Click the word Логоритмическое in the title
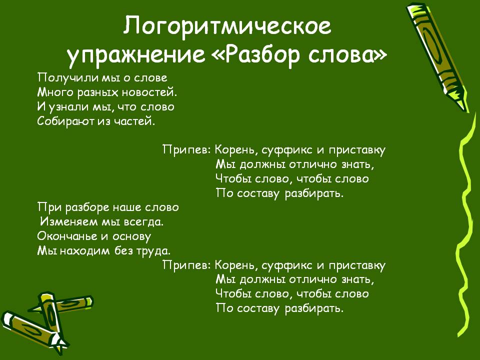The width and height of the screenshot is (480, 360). point(227,26)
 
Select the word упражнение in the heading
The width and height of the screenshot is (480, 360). point(136,55)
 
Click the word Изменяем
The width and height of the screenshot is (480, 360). point(69,221)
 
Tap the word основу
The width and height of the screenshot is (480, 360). point(132,236)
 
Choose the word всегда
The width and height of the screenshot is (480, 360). point(144,221)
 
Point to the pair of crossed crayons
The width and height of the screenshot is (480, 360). point(46,321)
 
